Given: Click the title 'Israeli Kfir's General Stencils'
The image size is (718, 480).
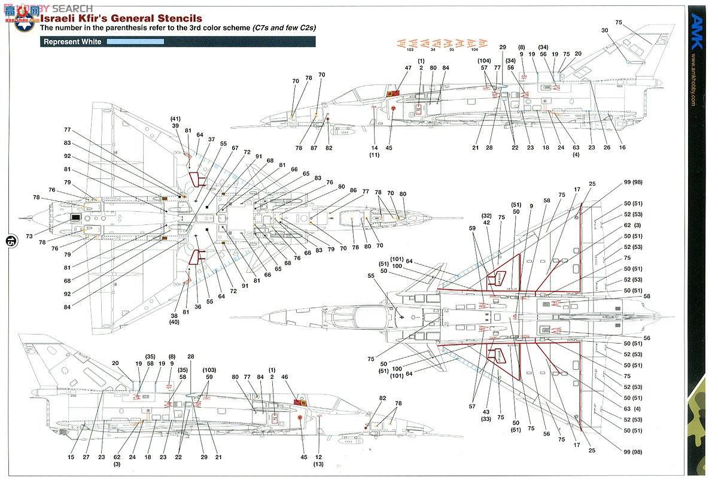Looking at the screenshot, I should click(121, 19).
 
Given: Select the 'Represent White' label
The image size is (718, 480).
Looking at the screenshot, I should click(72, 42).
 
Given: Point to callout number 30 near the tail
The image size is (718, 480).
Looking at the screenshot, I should click(604, 31).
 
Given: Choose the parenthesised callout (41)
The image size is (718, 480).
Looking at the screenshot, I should click(175, 118).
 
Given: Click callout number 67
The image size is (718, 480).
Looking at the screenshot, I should click(235, 148).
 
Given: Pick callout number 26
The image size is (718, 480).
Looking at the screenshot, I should click(607, 147).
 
